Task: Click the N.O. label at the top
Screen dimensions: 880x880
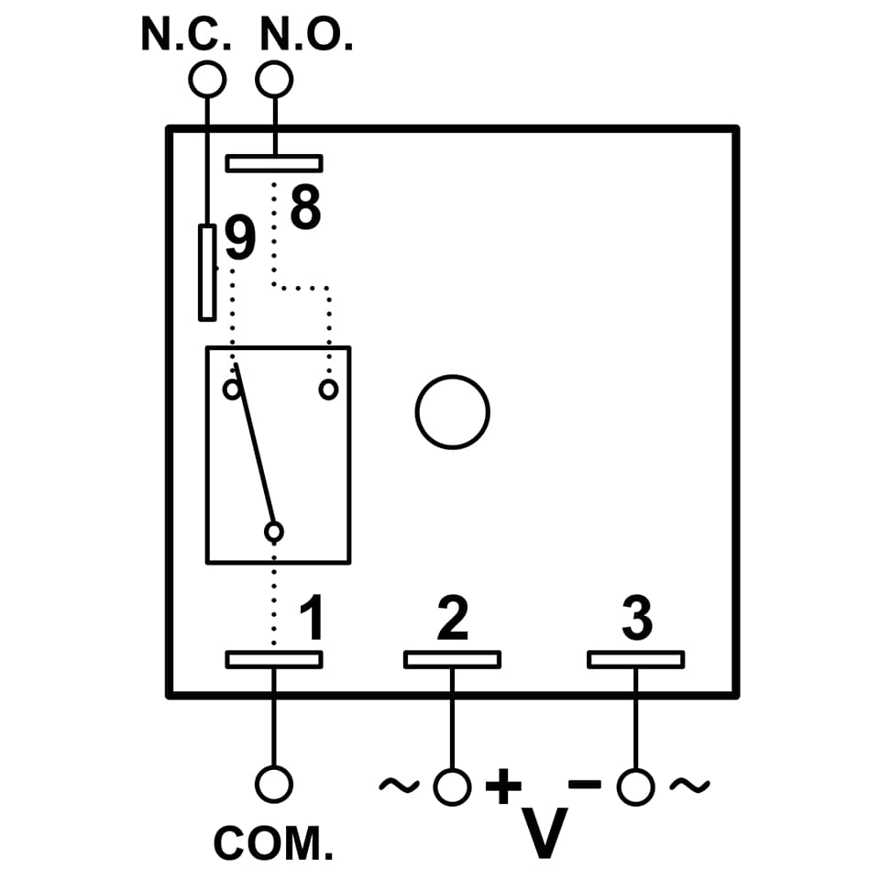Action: coord(306,35)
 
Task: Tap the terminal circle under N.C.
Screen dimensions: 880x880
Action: coord(206,80)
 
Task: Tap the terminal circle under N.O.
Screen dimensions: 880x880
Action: coord(274,80)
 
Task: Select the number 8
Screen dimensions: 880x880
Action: coord(306,208)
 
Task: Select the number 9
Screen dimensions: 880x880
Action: coord(239,240)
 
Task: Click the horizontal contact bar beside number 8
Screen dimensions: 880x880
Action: coord(274,163)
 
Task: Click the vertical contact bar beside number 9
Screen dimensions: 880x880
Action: coord(207,272)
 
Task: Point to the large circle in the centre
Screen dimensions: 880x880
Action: coord(452,412)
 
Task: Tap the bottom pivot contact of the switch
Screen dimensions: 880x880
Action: coord(273,532)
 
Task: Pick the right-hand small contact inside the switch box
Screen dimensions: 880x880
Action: coord(328,390)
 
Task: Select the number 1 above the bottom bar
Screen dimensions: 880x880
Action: coord(313,619)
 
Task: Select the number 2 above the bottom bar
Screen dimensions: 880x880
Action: coord(452,619)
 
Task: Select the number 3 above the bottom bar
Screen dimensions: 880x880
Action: coord(637,619)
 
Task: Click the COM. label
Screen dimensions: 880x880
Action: coord(273,843)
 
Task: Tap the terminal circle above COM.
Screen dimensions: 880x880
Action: coord(273,785)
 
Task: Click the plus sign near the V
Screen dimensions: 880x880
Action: coord(503,786)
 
